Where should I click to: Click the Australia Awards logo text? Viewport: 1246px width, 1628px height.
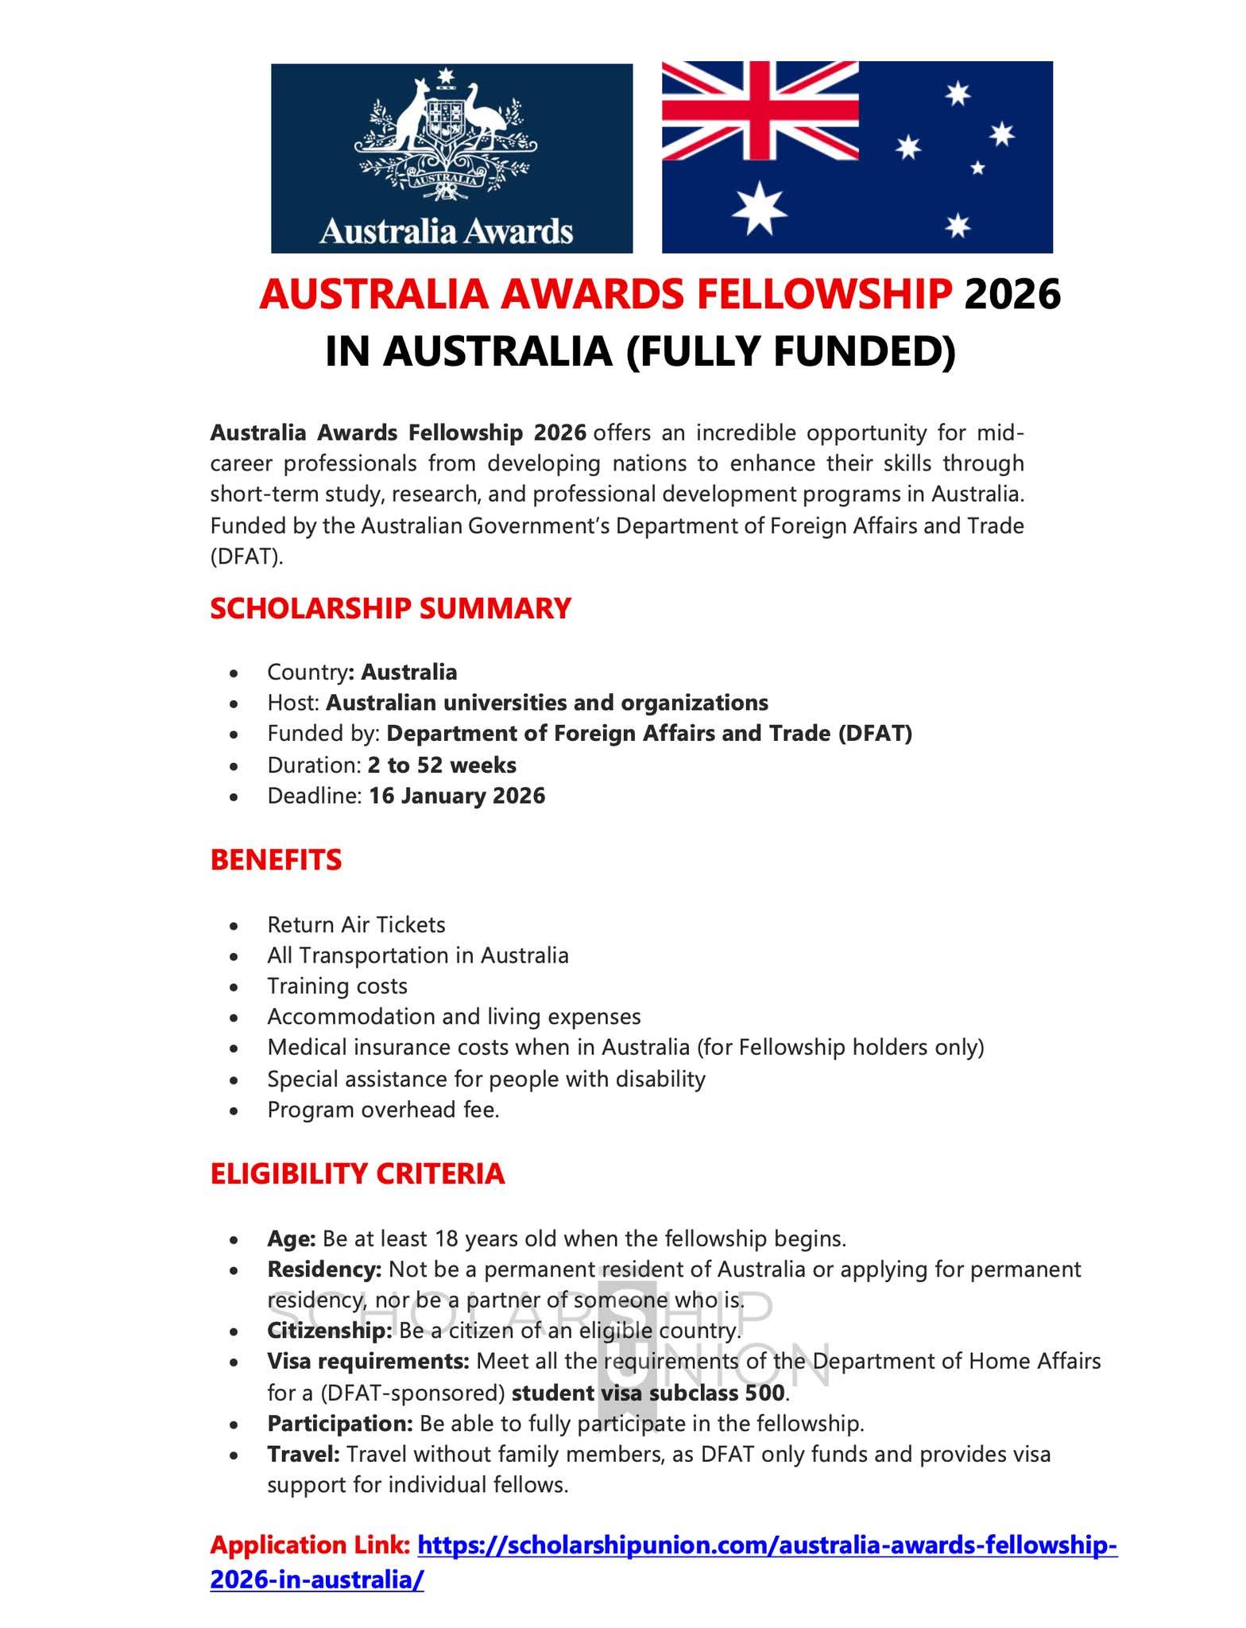pyautogui.click(x=446, y=231)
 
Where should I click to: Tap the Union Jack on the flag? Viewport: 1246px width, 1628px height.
pyautogui.click(x=760, y=110)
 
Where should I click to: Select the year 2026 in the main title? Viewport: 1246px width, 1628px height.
pyautogui.click(x=1012, y=295)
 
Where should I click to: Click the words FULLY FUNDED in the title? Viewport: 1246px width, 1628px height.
pyautogui.click(x=791, y=351)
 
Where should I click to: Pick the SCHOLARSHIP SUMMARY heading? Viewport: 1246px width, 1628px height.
pyautogui.click(x=390, y=608)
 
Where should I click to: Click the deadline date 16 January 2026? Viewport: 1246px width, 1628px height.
pyautogui.click(x=457, y=796)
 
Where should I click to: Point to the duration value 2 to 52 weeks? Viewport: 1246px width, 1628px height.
pyautogui.click(x=442, y=765)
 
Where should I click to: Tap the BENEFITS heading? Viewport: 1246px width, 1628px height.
pyautogui.click(x=276, y=860)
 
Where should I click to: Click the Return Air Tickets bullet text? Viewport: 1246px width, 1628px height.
pyautogui.click(x=356, y=924)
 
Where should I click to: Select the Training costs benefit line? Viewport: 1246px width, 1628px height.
pyautogui.click(x=337, y=986)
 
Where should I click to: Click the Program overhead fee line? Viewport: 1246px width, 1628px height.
pyautogui.click(x=383, y=1109)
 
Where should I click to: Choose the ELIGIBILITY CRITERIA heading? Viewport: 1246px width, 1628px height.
pyautogui.click(x=358, y=1173)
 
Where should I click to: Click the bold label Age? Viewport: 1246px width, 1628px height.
pyautogui.click(x=292, y=1238)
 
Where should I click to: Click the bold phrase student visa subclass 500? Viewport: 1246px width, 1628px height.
pyautogui.click(x=648, y=1393)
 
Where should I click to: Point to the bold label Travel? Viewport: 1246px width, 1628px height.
pyautogui.click(x=304, y=1454)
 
